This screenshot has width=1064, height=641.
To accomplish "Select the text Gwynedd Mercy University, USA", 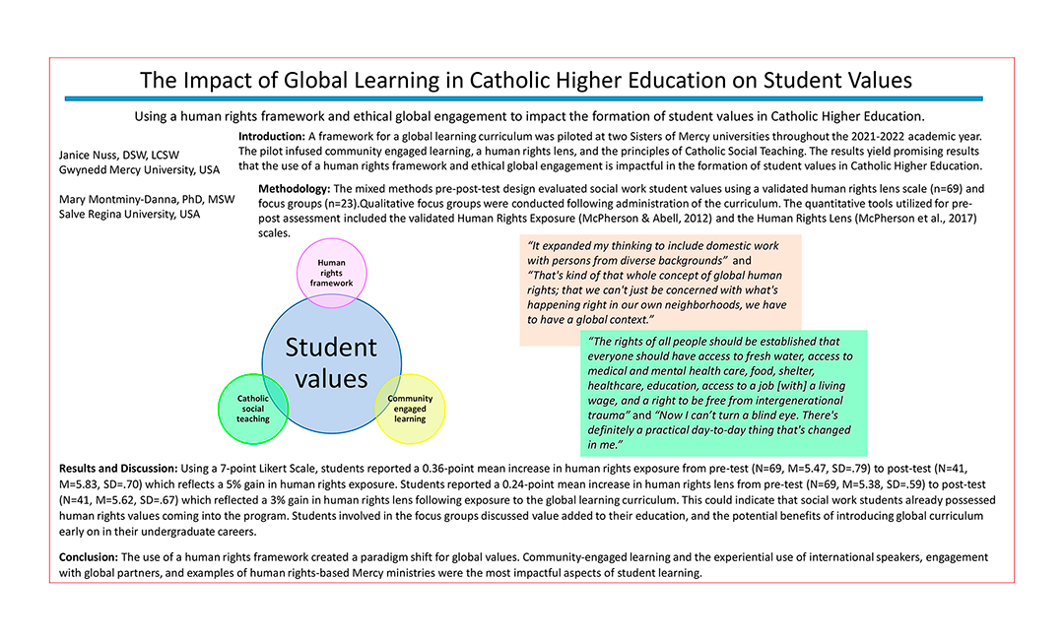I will click(x=139, y=169).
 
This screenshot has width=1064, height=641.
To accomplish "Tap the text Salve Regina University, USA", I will click(x=130, y=215).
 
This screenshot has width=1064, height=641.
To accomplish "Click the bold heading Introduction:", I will click(x=272, y=134).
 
